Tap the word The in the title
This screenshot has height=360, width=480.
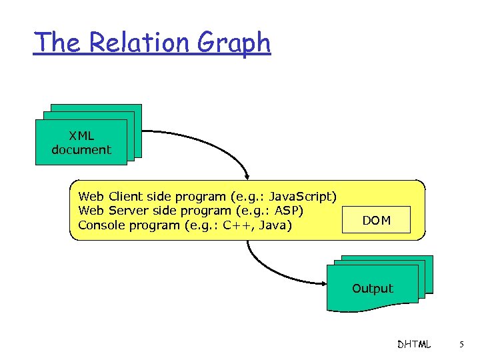[x=57, y=43]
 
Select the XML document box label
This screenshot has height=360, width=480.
[x=81, y=143]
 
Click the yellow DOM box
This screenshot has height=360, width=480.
[x=377, y=220]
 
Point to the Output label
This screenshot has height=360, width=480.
[x=373, y=289]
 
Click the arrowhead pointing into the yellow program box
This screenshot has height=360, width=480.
[x=249, y=176]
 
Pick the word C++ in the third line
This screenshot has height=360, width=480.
[x=236, y=225]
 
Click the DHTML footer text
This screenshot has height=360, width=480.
[x=413, y=345]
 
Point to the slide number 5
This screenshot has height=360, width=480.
[x=462, y=345]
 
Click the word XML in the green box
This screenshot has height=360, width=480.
[x=81, y=136]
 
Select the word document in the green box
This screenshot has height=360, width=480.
[x=81, y=150]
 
